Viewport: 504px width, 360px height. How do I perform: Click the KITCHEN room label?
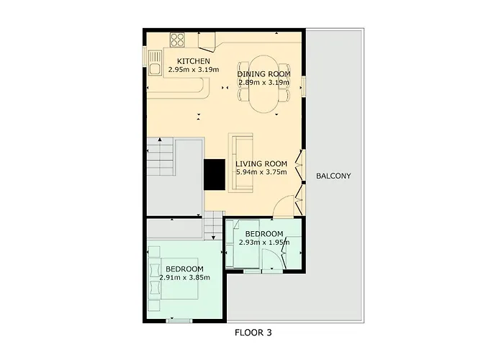[194, 61]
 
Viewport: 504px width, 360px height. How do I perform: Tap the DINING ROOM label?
[264, 74]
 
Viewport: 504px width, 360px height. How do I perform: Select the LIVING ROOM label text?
[261, 164]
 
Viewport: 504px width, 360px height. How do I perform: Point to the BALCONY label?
[333, 176]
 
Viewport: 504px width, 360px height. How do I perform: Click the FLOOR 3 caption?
[253, 333]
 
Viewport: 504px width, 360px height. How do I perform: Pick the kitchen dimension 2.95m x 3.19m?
[194, 69]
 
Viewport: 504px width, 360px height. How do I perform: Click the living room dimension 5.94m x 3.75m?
[261, 172]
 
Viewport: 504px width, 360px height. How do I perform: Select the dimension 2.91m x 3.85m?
[185, 277]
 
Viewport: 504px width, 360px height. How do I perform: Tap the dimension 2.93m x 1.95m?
[264, 242]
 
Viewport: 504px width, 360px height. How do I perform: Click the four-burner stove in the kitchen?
[177, 40]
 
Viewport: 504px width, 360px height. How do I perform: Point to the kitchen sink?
[156, 63]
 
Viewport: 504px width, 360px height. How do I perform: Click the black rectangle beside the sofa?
[215, 175]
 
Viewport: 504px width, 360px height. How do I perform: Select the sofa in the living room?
[240, 163]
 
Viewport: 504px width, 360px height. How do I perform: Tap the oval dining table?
[264, 84]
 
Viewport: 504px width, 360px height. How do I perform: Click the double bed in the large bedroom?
[179, 279]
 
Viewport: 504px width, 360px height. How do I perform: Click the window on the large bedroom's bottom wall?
[179, 320]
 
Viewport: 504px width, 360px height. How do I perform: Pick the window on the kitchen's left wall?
[145, 57]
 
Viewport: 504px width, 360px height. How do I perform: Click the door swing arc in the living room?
[283, 206]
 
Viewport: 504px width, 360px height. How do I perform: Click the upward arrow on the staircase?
[160, 140]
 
